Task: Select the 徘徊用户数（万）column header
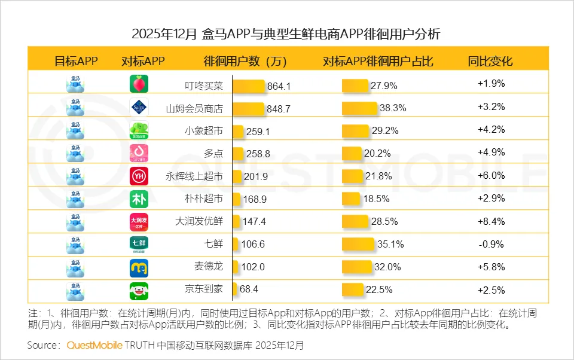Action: click(x=245, y=61)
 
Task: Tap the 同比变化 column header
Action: click(x=490, y=61)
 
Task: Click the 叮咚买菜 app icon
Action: click(x=139, y=84)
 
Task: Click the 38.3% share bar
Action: click(x=359, y=108)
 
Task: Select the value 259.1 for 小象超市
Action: click(x=258, y=132)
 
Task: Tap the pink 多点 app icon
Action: click(x=139, y=154)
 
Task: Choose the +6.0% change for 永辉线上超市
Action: click(x=491, y=176)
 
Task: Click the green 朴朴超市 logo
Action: click(x=139, y=199)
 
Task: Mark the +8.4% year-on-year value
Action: click(x=491, y=221)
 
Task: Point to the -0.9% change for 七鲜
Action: click(x=491, y=244)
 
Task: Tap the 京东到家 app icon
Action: click(x=139, y=291)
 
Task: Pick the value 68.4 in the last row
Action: click(x=249, y=289)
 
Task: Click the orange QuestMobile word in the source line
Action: click(x=94, y=345)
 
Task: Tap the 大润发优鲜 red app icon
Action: click(x=139, y=222)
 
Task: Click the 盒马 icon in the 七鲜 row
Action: click(x=75, y=245)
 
